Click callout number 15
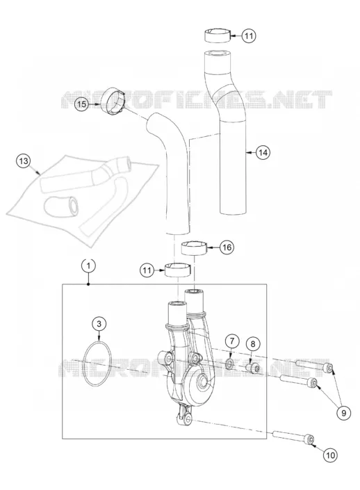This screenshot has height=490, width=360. pyautogui.click(x=81, y=104)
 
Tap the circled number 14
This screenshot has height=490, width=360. pyautogui.click(x=263, y=152)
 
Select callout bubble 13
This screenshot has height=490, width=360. pyautogui.click(x=24, y=161)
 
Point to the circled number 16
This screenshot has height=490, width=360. pyautogui.click(x=227, y=247)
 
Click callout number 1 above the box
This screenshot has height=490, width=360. pyautogui.click(x=89, y=266)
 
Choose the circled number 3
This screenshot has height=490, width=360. pyautogui.click(x=99, y=324)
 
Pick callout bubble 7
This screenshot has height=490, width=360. pyautogui.click(x=231, y=341)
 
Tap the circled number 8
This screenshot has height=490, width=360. pyautogui.click(x=253, y=344)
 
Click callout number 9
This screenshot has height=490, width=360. pyautogui.click(x=343, y=413)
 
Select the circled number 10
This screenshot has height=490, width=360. pyautogui.click(x=330, y=455)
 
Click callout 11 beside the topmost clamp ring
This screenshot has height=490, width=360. pyautogui.click(x=249, y=35)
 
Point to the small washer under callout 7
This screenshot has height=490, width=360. pyautogui.click(x=229, y=363)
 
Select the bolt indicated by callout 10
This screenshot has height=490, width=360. pyautogui.click(x=293, y=437)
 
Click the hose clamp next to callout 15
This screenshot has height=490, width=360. pyautogui.click(x=113, y=100)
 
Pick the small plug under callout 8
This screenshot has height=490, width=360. pyautogui.click(x=252, y=368)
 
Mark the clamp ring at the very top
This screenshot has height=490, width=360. pyautogui.click(x=218, y=35)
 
